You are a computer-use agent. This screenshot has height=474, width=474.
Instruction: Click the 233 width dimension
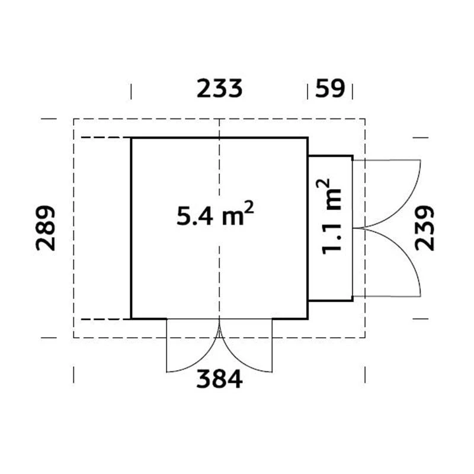pyautogui.click(x=219, y=88)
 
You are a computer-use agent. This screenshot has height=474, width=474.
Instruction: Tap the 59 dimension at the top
pyautogui.click(x=330, y=88)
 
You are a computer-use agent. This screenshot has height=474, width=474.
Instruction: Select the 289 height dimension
pyautogui.click(x=46, y=228)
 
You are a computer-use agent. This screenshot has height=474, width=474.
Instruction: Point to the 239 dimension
pyautogui.click(x=424, y=228)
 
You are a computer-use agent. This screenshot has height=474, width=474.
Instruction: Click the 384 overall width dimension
pyautogui.click(x=219, y=379)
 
